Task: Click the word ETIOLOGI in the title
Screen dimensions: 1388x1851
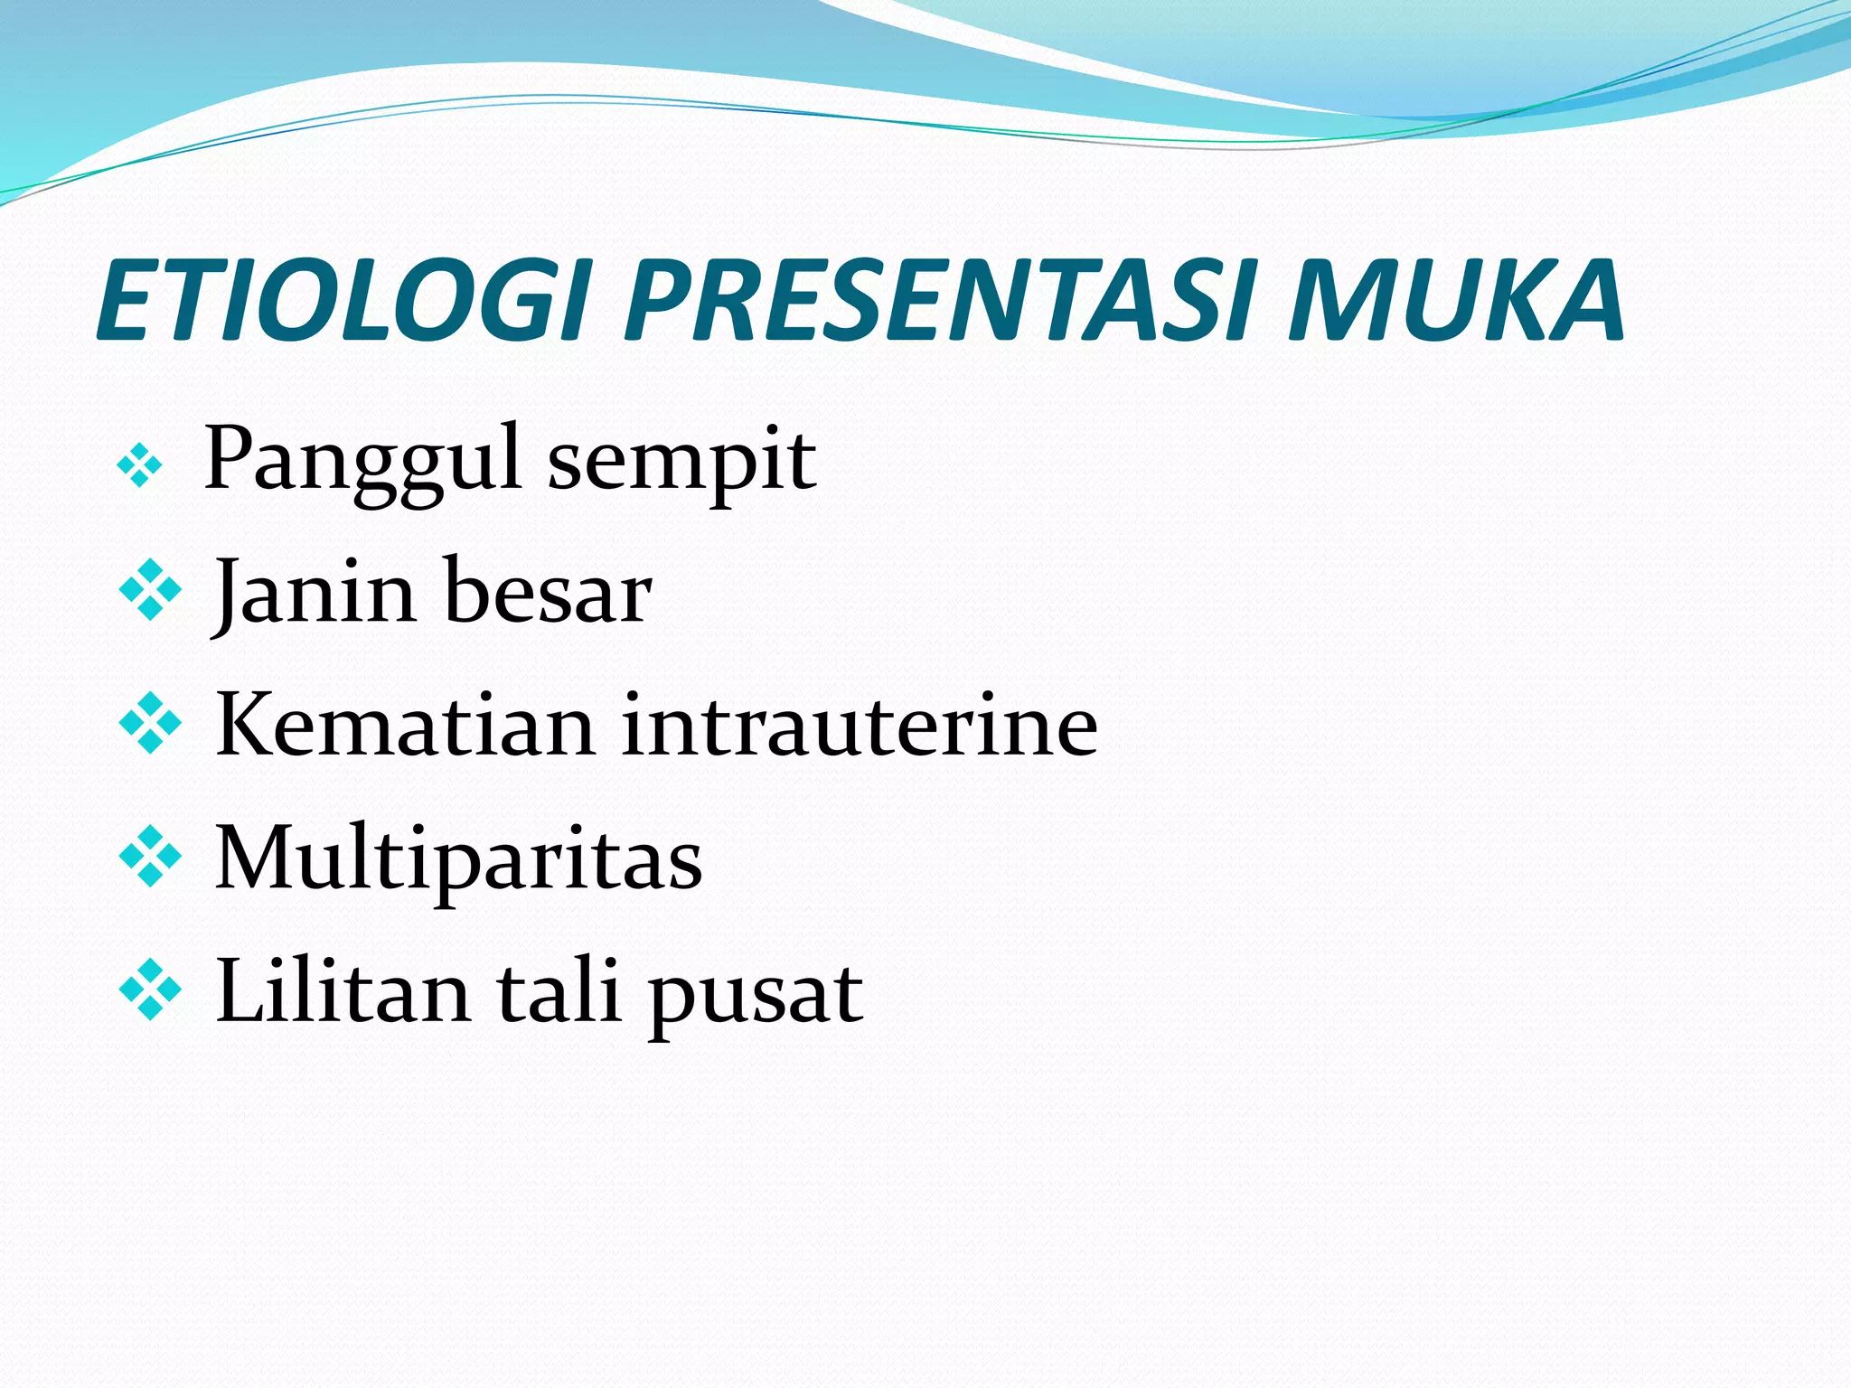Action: coord(343,301)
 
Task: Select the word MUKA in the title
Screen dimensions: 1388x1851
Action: coord(1455,301)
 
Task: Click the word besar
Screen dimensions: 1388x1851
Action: coord(548,592)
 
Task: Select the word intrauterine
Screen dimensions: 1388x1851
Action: coord(860,725)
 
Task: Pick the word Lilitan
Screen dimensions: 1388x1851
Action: coord(343,992)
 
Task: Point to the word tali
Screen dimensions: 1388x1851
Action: coord(559,992)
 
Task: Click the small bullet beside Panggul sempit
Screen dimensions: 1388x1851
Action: coord(140,467)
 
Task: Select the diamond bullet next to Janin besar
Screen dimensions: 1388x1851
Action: coord(150,590)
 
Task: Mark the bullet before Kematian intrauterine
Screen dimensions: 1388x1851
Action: coord(150,724)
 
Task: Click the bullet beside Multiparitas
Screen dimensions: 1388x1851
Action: coord(150,857)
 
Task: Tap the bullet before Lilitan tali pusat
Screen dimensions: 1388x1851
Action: coord(150,990)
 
